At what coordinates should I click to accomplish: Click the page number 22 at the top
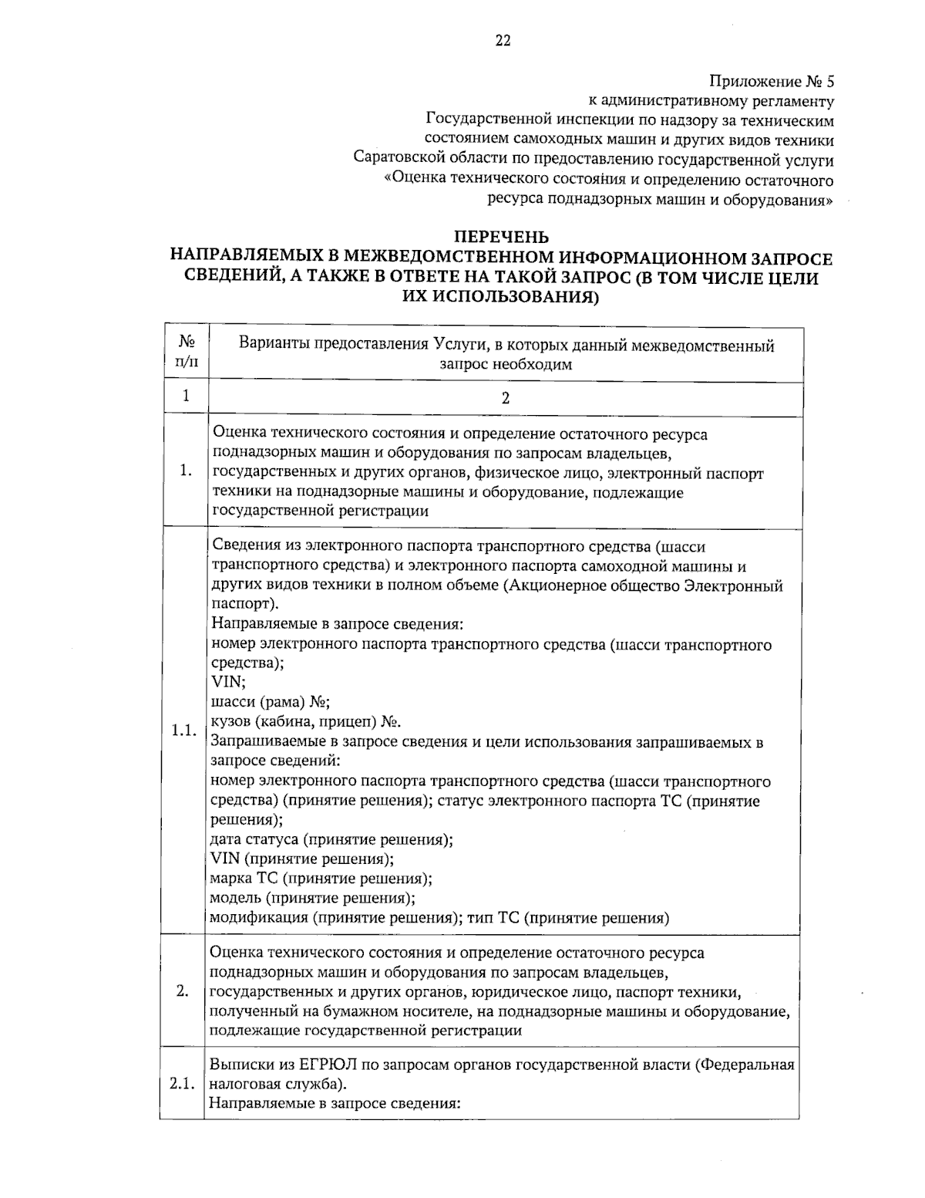[503, 41]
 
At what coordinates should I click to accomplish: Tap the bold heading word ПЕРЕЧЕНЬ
[501, 237]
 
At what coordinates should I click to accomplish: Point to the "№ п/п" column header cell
[185, 353]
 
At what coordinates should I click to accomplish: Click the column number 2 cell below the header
[506, 399]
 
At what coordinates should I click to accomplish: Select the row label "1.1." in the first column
[185, 731]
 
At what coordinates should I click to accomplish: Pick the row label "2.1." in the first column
[183, 1084]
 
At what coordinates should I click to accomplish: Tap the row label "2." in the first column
[183, 991]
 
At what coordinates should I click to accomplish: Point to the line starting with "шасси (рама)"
[270, 702]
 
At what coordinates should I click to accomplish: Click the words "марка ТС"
[244, 879]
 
